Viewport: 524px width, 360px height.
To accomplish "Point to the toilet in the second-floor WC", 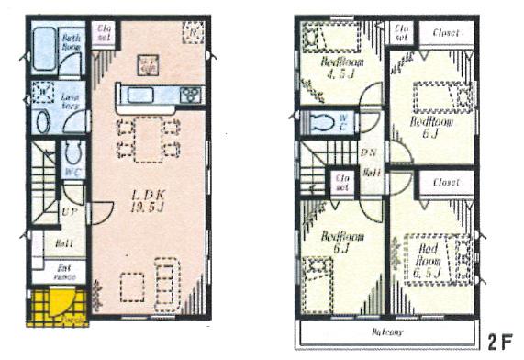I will pyautogui.click(x=324, y=122).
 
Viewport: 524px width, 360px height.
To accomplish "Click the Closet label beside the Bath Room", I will pyautogui.click(x=103, y=34).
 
